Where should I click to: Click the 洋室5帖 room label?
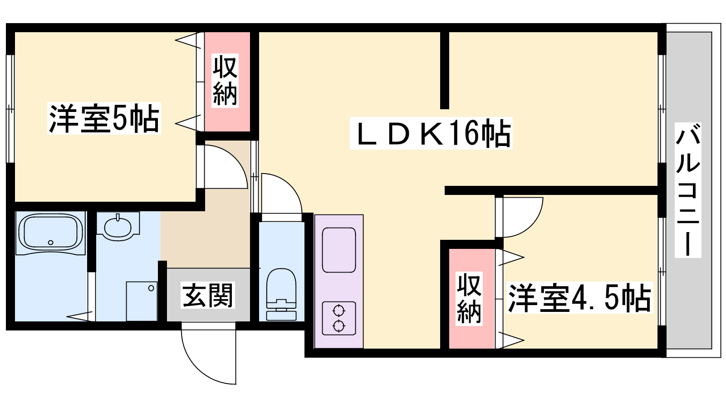(104, 119)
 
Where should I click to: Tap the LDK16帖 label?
(431, 133)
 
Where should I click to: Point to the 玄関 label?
(208, 295)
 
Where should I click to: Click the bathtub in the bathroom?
(50, 232)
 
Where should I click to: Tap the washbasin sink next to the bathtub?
(118, 225)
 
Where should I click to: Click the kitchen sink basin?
(338, 250)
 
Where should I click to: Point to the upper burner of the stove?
(338, 311)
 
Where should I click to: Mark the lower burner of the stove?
(338, 325)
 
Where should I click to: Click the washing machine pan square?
(142, 301)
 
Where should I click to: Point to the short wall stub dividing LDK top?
(445, 70)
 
